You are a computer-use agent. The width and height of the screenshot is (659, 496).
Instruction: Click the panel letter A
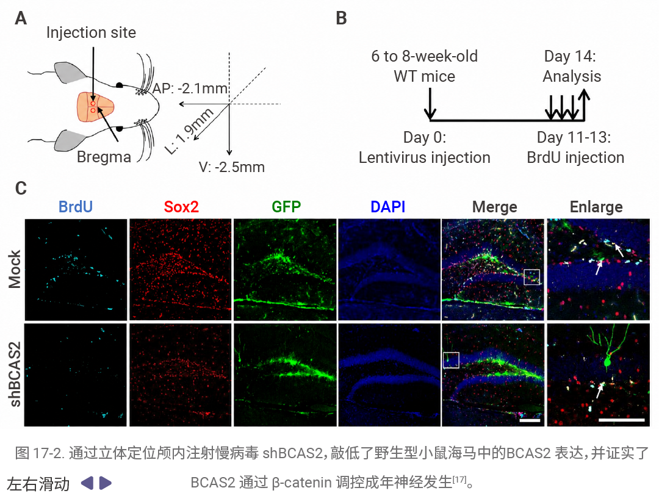21,18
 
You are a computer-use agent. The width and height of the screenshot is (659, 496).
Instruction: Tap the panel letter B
341,18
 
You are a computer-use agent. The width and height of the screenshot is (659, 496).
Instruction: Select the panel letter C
21,189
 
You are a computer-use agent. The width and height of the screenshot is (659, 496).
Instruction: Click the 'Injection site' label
91,32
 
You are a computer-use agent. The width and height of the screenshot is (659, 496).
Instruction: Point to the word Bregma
104,157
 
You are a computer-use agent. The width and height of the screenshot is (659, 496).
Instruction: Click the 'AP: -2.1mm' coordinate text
190,88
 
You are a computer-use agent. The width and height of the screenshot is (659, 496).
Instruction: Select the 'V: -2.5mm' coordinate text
232,167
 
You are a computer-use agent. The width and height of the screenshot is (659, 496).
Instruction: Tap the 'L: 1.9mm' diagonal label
189,131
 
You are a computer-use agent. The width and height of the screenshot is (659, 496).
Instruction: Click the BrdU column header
76,207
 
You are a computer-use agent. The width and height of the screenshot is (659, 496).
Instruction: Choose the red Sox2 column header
181,207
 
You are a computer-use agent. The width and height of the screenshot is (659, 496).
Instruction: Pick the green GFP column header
286,207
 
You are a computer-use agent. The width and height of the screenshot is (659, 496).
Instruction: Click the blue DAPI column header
388,207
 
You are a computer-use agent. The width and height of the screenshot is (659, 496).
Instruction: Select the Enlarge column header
596,207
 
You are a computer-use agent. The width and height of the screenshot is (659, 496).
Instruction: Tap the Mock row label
15,270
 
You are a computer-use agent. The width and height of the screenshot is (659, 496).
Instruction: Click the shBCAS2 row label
15,375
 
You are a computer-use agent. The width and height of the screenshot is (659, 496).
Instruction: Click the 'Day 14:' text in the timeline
570,56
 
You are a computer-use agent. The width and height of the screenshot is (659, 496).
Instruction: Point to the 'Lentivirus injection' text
425,157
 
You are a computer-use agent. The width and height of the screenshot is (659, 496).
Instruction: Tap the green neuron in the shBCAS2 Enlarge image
608,361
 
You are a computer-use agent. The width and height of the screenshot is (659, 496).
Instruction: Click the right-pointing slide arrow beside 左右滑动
105,483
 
